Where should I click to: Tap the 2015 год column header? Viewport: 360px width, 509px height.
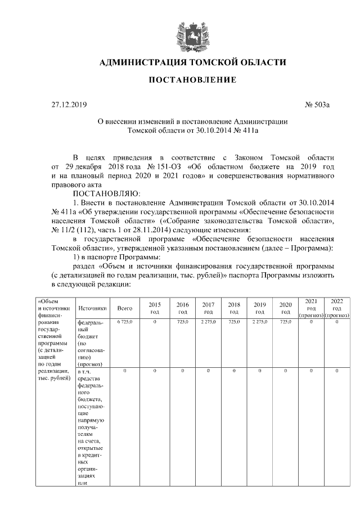155,308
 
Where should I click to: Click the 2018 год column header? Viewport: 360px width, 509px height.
235,308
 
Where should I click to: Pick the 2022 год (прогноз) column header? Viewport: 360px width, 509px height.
337,308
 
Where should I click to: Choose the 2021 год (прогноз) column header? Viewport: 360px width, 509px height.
311,308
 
